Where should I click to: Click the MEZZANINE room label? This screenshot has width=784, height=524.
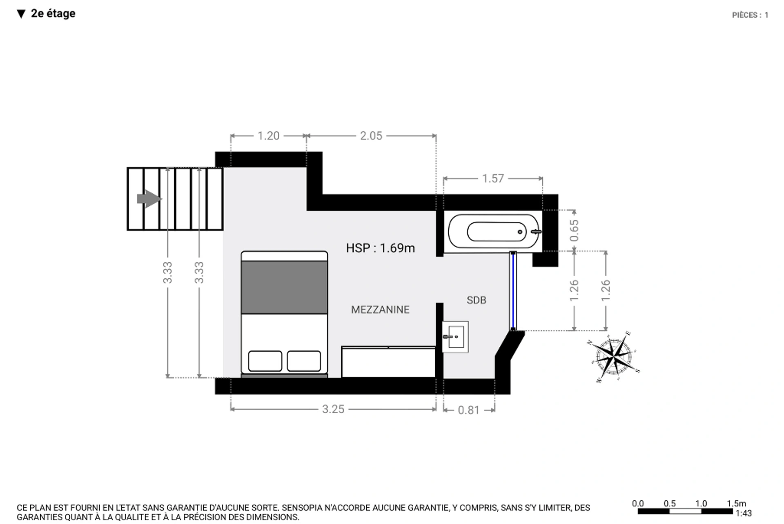tap(380, 310)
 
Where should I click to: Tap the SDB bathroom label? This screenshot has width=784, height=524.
tap(476, 300)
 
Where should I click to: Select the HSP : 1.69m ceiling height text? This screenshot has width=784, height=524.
tap(380, 248)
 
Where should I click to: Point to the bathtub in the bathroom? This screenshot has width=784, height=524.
tap(494, 232)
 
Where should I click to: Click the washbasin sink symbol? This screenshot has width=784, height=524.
tap(455, 337)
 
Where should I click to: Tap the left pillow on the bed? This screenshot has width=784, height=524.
tap(265, 361)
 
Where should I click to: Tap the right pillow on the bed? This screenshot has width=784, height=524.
tap(304, 361)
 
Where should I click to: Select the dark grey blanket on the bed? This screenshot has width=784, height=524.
tap(284, 288)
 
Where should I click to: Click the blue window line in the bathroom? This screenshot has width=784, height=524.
tap(513, 291)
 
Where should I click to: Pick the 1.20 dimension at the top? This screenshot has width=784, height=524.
tap(268, 136)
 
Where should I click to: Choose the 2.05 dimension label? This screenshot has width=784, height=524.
tap(371, 136)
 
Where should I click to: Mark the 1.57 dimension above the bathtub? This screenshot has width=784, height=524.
tap(493, 178)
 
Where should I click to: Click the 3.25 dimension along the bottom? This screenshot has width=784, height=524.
tap(333, 409)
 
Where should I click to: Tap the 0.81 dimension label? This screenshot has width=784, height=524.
tap(468, 410)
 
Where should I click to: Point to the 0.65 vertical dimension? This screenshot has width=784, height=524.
tap(574, 230)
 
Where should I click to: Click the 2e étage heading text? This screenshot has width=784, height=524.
tap(53, 13)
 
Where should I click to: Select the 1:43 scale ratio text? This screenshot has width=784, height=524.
tap(743, 513)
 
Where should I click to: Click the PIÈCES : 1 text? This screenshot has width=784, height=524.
tap(750, 15)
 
